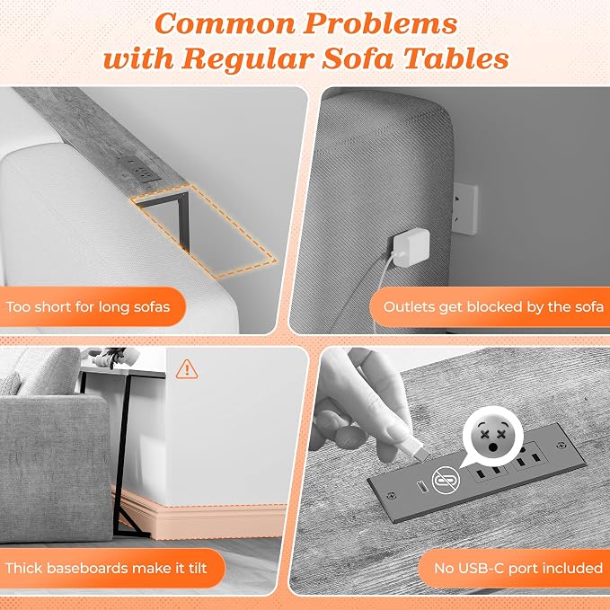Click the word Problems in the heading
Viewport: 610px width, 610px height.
pyautogui.click(x=380, y=24)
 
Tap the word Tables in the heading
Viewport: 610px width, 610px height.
pyautogui.click(x=456, y=58)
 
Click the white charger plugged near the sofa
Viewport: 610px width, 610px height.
pyautogui.click(x=411, y=248)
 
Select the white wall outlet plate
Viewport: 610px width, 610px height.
pyautogui.click(x=465, y=208)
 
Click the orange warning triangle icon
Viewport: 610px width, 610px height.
pyautogui.click(x=187, y=369)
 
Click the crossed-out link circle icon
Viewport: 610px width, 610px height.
pyautogui.click(x=446, y=480)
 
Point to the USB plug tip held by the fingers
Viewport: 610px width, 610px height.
pyautogui.click(x=419, y=452)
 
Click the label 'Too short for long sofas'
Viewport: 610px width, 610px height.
pyautogui.click(x=88, y=307)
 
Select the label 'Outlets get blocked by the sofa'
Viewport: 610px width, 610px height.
pyautogui.click(x=493, y=307)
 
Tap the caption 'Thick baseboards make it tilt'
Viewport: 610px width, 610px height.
pyautogui.click(x=106, y=568)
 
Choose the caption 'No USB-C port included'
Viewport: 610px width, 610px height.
pyautogui.click(x=518, y=569)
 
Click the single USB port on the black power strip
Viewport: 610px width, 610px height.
pyautogui.click(x=420, y=486)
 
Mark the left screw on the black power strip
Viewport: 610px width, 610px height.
pyautogui.click(x=392, y=496)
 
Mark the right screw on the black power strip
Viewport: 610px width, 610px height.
pyautogui.click(x=561, y=445)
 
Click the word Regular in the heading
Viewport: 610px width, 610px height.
pyautogui.click(x=247, y=59)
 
